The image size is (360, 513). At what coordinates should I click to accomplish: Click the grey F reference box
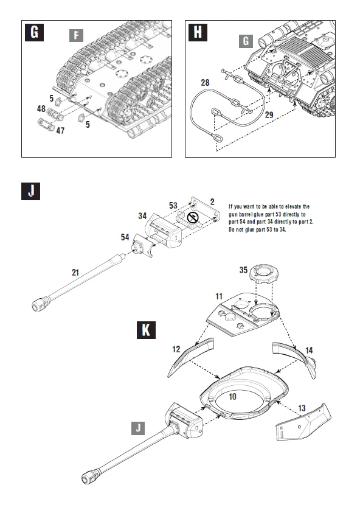(x=76, y=35)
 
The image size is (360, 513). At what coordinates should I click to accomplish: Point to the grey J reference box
(x=139, y=428)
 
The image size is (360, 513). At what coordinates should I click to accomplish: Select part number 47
(x=60, y=130)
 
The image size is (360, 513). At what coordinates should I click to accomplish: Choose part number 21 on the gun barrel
(x=75, y=272)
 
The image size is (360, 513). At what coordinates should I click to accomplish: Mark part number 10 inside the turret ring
(x=232, y=396)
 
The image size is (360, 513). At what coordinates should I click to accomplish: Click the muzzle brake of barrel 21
(x=42, y=302)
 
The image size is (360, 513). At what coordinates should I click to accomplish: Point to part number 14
(x=308, y=351)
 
